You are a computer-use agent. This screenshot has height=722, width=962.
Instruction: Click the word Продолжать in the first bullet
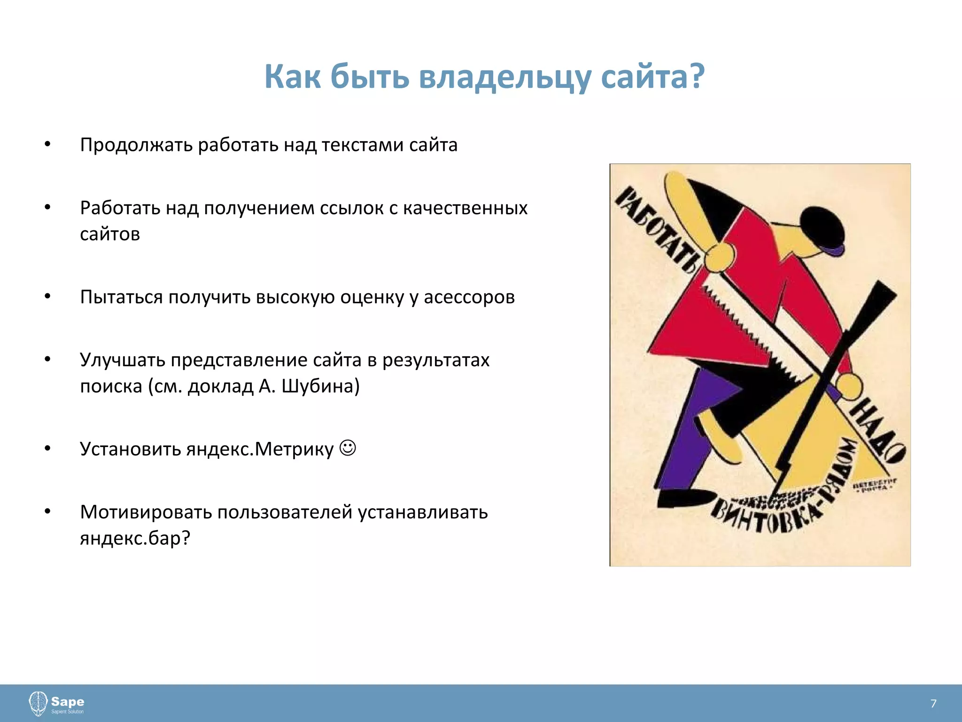pyautogui.click(x=136, y=145)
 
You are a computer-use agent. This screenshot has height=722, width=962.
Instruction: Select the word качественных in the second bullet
pyautogui.click(x=465, y=208)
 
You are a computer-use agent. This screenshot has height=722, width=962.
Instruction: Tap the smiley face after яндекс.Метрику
pyautogui.click(x=348, y=447)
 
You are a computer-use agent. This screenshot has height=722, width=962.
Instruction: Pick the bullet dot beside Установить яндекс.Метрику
pyautogui.click(x=47, y=449)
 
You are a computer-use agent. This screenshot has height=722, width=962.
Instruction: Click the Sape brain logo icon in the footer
pyautogui.click(x=38, y=703)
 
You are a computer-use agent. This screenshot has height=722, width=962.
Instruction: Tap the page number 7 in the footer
pyautogui.click(x=933, y=703)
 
